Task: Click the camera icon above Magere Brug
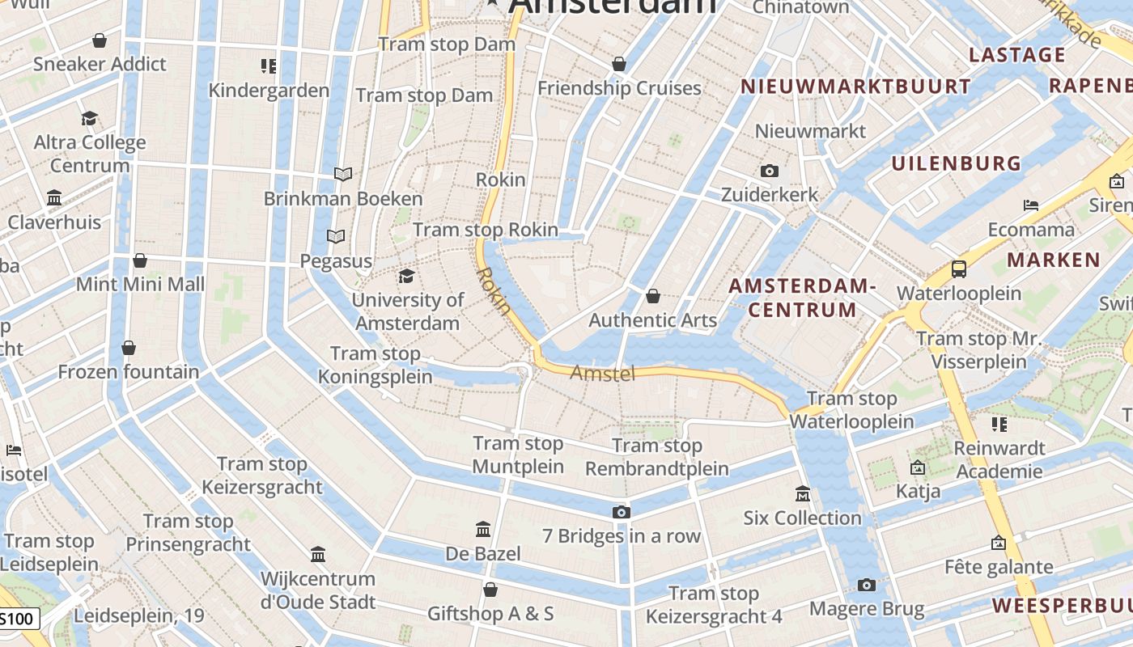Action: tap(867, 585)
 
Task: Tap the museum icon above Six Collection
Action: tap(802, 493)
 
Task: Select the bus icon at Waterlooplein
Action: tap(959, 269)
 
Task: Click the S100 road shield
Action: tap(17, 620)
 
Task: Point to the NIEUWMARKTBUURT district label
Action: tap(855, 87)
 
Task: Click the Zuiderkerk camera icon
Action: tap(770, 171)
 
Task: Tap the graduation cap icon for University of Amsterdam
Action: tap(406, 277)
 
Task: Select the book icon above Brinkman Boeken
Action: tap(343, 174)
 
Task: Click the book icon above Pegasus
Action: tap(336, 236)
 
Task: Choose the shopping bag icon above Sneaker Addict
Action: tap(100, 40)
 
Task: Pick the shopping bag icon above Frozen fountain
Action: tap(128, 348)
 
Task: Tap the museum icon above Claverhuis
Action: tap(54, 197)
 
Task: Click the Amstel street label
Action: tap(603, 373)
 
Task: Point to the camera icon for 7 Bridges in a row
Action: tap(621, 512)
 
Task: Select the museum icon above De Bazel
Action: tap(483, 530)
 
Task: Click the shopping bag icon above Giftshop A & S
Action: tap(490, 590)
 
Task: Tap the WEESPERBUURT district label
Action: tap(1062, 606)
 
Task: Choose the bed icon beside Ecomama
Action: tap(1031, 205)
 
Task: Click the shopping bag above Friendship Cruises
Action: tap(619, 63)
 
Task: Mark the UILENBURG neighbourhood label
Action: tap(957, 163)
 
